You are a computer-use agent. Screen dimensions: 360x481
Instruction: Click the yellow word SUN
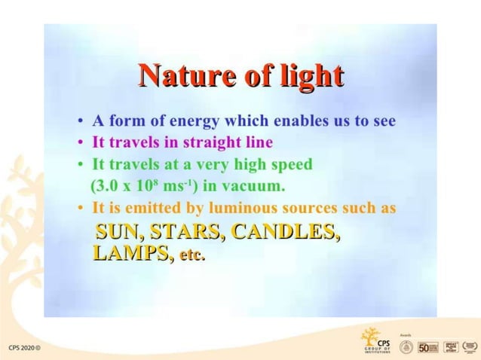point(116,232)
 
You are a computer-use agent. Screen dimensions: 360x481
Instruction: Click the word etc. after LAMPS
point(191,255)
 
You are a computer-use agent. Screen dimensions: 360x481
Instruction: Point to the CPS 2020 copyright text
point(24,348)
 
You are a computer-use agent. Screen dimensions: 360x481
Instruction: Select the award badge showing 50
point(427,346)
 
